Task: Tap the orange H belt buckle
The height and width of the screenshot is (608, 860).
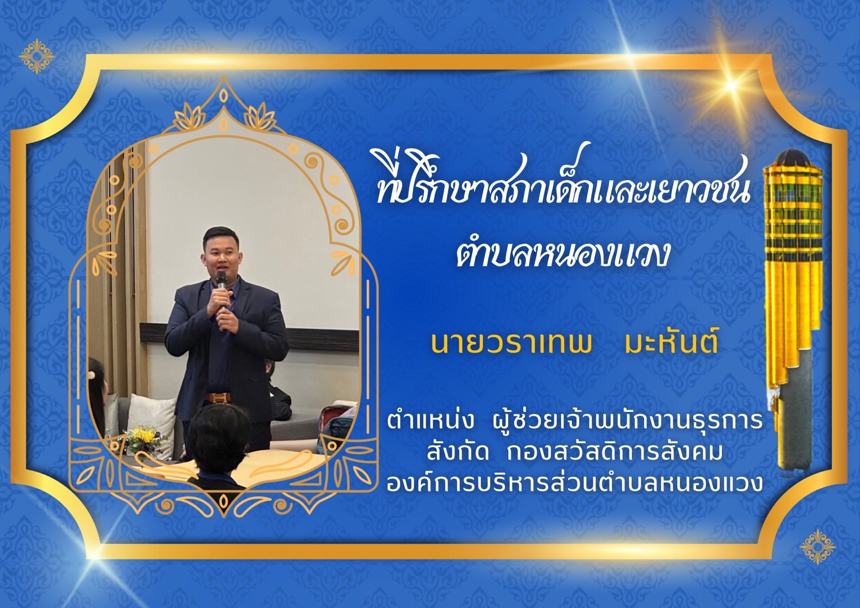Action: pyautogui.click(x=220, y=397)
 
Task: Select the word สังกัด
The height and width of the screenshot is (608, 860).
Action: pyautogui.click(x=457, y=452)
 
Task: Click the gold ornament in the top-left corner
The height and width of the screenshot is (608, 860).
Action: pyautogui.click(x=37, y=56)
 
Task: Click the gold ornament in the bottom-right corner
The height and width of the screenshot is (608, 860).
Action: pyautogui.click(x=818, y=546)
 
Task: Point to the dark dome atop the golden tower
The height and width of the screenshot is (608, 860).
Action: pyautogui.click(x=793, y=157)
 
